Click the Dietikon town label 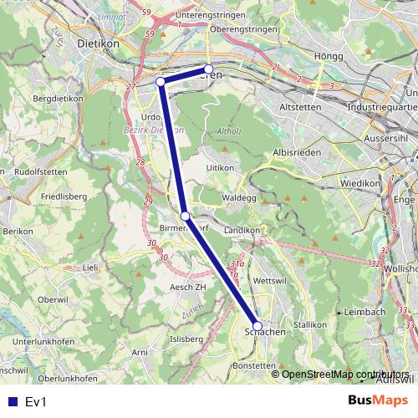(x=98, y=43)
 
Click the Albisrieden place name (x=298, y=153)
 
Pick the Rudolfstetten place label (x=38, y=171)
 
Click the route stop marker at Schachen (x=257, y=326)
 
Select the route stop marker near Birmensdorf (x=185, y=216)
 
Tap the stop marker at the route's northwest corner (x=161, y=81)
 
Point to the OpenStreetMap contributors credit (x=345, y=374)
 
